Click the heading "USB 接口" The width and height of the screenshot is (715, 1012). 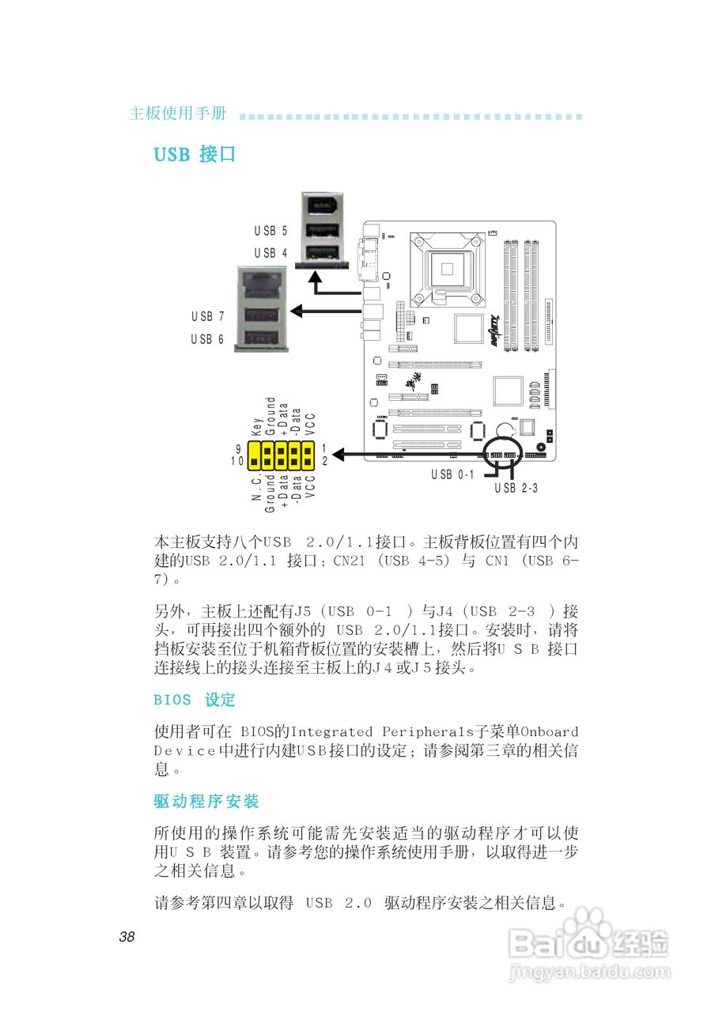tap(195, 154)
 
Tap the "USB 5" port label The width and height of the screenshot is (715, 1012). tap(270, 232)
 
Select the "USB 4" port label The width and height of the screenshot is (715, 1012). tap(270, 253)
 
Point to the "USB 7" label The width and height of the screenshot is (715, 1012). tap(207, 316)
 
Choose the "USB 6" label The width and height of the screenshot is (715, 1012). tap(207, 338)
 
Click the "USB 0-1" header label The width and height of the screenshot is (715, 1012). tap(452, 475)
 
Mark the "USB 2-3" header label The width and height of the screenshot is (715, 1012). tap(516, 488)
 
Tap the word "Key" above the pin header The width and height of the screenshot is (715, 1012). tap(257, 428)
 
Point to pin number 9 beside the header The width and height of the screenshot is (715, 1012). tap(238, 448)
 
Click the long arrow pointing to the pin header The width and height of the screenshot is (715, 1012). tap(411, 455)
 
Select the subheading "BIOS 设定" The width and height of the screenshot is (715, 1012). tap(195, 700)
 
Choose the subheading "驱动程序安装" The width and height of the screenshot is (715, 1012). tap(206, 802)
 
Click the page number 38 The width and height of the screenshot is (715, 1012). tap(127, 938)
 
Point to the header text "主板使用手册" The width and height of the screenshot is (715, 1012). tap(178, 114)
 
